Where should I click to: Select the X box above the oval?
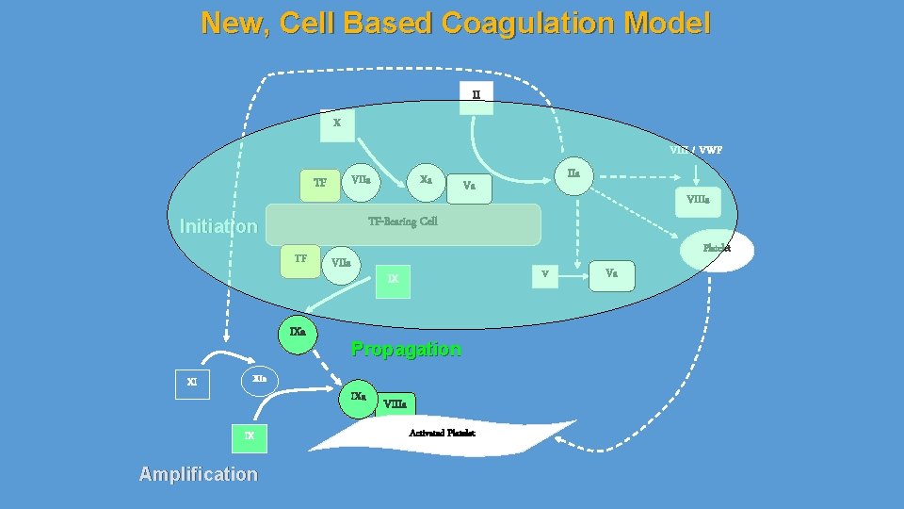tap(337, 123)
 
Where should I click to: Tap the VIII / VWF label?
tap(696, 149)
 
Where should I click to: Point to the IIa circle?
tap(573, 173)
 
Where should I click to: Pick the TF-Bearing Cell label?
tap(402, 222)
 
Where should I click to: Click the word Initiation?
tap(218, 226)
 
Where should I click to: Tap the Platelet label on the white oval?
tap(716, 249)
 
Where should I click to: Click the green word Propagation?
tap(406, 349)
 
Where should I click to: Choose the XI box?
tap(192, 383)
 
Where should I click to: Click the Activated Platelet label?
tap(442, 433)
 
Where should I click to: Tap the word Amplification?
tap(198, 474)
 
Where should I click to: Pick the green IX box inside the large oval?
tap(394, 279)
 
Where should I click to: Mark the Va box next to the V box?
tap(612, 273)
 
